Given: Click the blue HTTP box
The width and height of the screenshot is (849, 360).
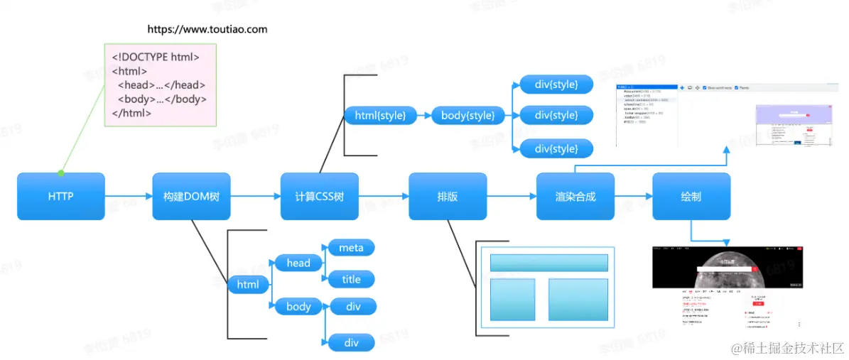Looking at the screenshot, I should click(60, 196).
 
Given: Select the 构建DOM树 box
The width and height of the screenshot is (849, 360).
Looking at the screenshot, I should click(191, 196).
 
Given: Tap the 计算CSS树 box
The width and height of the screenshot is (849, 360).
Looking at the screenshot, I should click(319, 196).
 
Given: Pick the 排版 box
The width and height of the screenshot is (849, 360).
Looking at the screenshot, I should click(448, 196).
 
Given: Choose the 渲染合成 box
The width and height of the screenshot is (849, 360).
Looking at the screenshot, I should click(575, 196).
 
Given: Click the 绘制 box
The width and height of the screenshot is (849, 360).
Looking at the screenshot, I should click(691, 196).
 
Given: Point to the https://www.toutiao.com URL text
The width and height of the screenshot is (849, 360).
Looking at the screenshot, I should click(207, 29).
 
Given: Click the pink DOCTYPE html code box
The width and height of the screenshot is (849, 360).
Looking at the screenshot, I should click(160, 84).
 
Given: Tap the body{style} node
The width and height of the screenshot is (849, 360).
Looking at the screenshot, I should click(467, 115).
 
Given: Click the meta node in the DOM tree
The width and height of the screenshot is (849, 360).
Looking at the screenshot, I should click(351, 248).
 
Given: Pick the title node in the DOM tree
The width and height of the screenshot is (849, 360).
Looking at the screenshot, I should click(351, 279).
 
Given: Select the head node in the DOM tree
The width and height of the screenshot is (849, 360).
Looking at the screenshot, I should click(298, 263).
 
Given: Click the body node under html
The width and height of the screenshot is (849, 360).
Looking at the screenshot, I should click(298, 307).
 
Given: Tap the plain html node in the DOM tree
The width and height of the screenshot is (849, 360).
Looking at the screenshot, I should click(248, 285).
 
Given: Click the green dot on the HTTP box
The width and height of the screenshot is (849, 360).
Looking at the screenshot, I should click(61, 173).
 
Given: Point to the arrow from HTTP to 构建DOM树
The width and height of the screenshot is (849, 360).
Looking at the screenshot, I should click(128, 196).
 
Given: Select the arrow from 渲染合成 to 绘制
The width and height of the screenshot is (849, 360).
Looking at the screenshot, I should click(633, 196).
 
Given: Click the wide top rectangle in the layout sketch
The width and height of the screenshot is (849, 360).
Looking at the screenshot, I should click(548, 263).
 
